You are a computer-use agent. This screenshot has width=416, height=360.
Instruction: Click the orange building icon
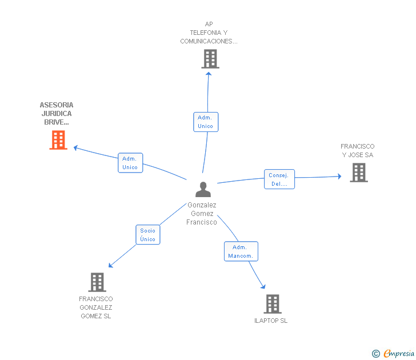58,140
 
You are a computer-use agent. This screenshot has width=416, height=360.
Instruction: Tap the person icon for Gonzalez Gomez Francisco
203,189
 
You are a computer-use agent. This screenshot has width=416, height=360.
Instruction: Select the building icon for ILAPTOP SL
273,304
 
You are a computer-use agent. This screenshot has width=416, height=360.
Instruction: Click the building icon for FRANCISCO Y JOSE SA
359,173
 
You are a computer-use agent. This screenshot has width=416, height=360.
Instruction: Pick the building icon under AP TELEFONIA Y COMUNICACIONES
210,59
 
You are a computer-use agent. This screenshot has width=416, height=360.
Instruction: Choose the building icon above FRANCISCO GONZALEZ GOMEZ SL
97,282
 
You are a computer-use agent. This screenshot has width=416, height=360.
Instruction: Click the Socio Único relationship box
148,235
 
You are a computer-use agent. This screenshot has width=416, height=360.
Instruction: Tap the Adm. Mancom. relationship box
241,251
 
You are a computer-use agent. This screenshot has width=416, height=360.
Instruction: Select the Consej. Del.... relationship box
279,179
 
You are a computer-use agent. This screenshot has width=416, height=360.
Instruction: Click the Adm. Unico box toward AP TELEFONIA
206,122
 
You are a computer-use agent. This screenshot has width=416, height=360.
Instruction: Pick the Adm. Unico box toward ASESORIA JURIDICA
130,163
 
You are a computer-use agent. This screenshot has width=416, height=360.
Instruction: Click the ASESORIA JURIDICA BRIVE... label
57,114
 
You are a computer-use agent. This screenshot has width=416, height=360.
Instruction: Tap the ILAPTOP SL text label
271,321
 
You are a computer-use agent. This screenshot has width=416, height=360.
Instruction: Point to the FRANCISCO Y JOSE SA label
357,151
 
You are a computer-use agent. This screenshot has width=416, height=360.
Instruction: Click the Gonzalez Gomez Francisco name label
202,214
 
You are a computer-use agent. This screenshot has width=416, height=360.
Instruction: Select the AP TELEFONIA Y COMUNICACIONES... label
209,33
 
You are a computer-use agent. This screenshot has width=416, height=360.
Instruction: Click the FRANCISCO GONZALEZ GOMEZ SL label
96,307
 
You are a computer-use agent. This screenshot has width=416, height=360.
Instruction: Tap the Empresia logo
393,353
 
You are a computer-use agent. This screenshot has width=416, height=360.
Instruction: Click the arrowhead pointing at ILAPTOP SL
263,286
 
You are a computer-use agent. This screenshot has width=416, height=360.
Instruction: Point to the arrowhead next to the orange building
75,148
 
